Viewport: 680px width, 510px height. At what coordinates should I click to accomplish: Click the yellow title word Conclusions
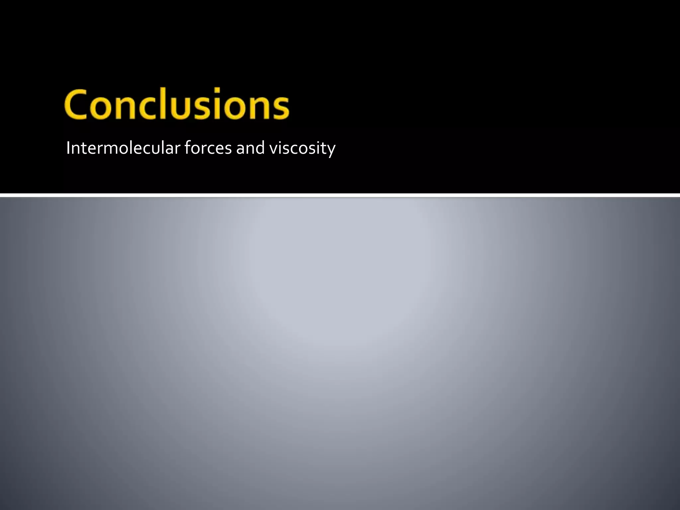[x=177, y=104]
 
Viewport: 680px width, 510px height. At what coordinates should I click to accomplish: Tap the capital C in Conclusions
[x=77, y=104]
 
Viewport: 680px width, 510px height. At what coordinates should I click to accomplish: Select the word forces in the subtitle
[x=208, y=148]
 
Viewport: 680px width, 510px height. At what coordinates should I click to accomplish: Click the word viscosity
[x=302, y=148]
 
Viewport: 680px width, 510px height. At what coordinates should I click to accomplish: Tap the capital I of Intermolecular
[x=68, y=148]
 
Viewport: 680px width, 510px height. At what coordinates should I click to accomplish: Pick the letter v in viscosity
[x=273, y=149]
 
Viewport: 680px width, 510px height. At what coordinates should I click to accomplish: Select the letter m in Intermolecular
[x=107, y=149]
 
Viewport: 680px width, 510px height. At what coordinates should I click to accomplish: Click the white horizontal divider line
[x=340, y=195]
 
